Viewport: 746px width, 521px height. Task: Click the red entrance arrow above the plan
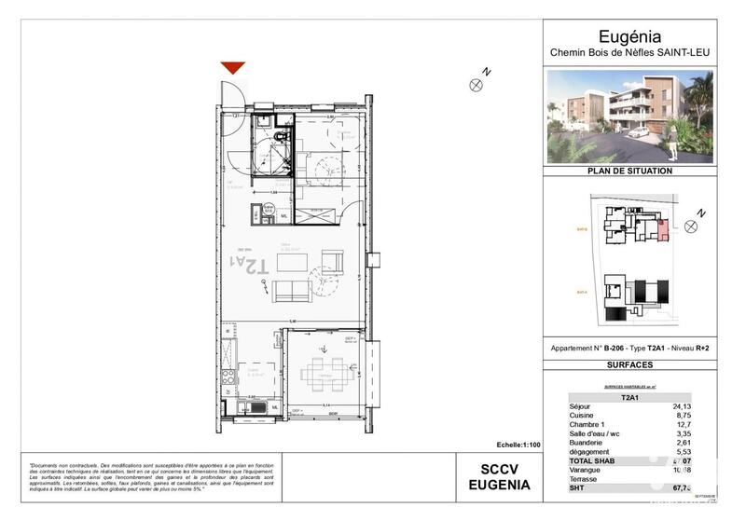232,67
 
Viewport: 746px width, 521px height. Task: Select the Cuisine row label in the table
583,416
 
